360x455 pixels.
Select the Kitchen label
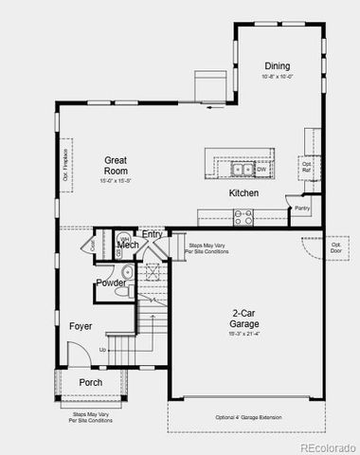click(243, 193)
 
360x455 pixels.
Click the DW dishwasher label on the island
click(261, 170)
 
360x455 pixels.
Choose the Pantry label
click(302, 208)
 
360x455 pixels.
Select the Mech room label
click(127, 246)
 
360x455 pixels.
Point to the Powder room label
click(111, 282)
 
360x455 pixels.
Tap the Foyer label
click(81, 326)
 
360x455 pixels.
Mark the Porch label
click(91, 383)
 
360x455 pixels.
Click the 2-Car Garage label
click(243, 318)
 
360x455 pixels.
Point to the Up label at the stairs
click(102, 349)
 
